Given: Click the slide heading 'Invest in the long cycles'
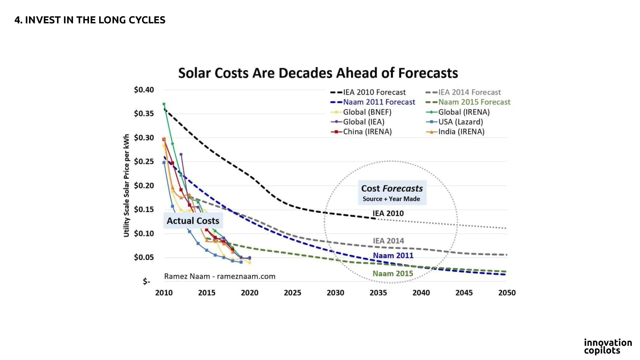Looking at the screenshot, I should tap(90, 20).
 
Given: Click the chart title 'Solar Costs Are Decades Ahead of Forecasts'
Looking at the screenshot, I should tap(318, 73).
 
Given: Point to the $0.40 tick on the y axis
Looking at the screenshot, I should tap(144, 90).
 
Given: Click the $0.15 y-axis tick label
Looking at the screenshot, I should tap(144, 209).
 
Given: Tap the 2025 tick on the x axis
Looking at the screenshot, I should tap(292, 293).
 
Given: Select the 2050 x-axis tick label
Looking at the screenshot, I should tap(507, 293).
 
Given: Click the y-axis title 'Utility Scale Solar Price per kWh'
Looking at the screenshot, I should tap(126, 185).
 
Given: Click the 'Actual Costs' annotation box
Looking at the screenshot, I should tap(193, 221).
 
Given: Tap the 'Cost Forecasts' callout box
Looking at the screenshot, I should tap(392, 193).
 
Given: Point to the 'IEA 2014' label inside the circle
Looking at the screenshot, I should tap(388, 241).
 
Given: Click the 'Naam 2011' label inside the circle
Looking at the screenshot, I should tap(393, 255).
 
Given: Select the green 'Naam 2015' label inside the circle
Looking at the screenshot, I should tap(393, 274).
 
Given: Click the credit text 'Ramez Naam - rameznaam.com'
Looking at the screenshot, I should tap(220, 276).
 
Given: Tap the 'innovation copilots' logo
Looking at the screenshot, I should tap(608, 346).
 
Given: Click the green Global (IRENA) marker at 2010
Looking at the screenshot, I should tap(164, 104).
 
